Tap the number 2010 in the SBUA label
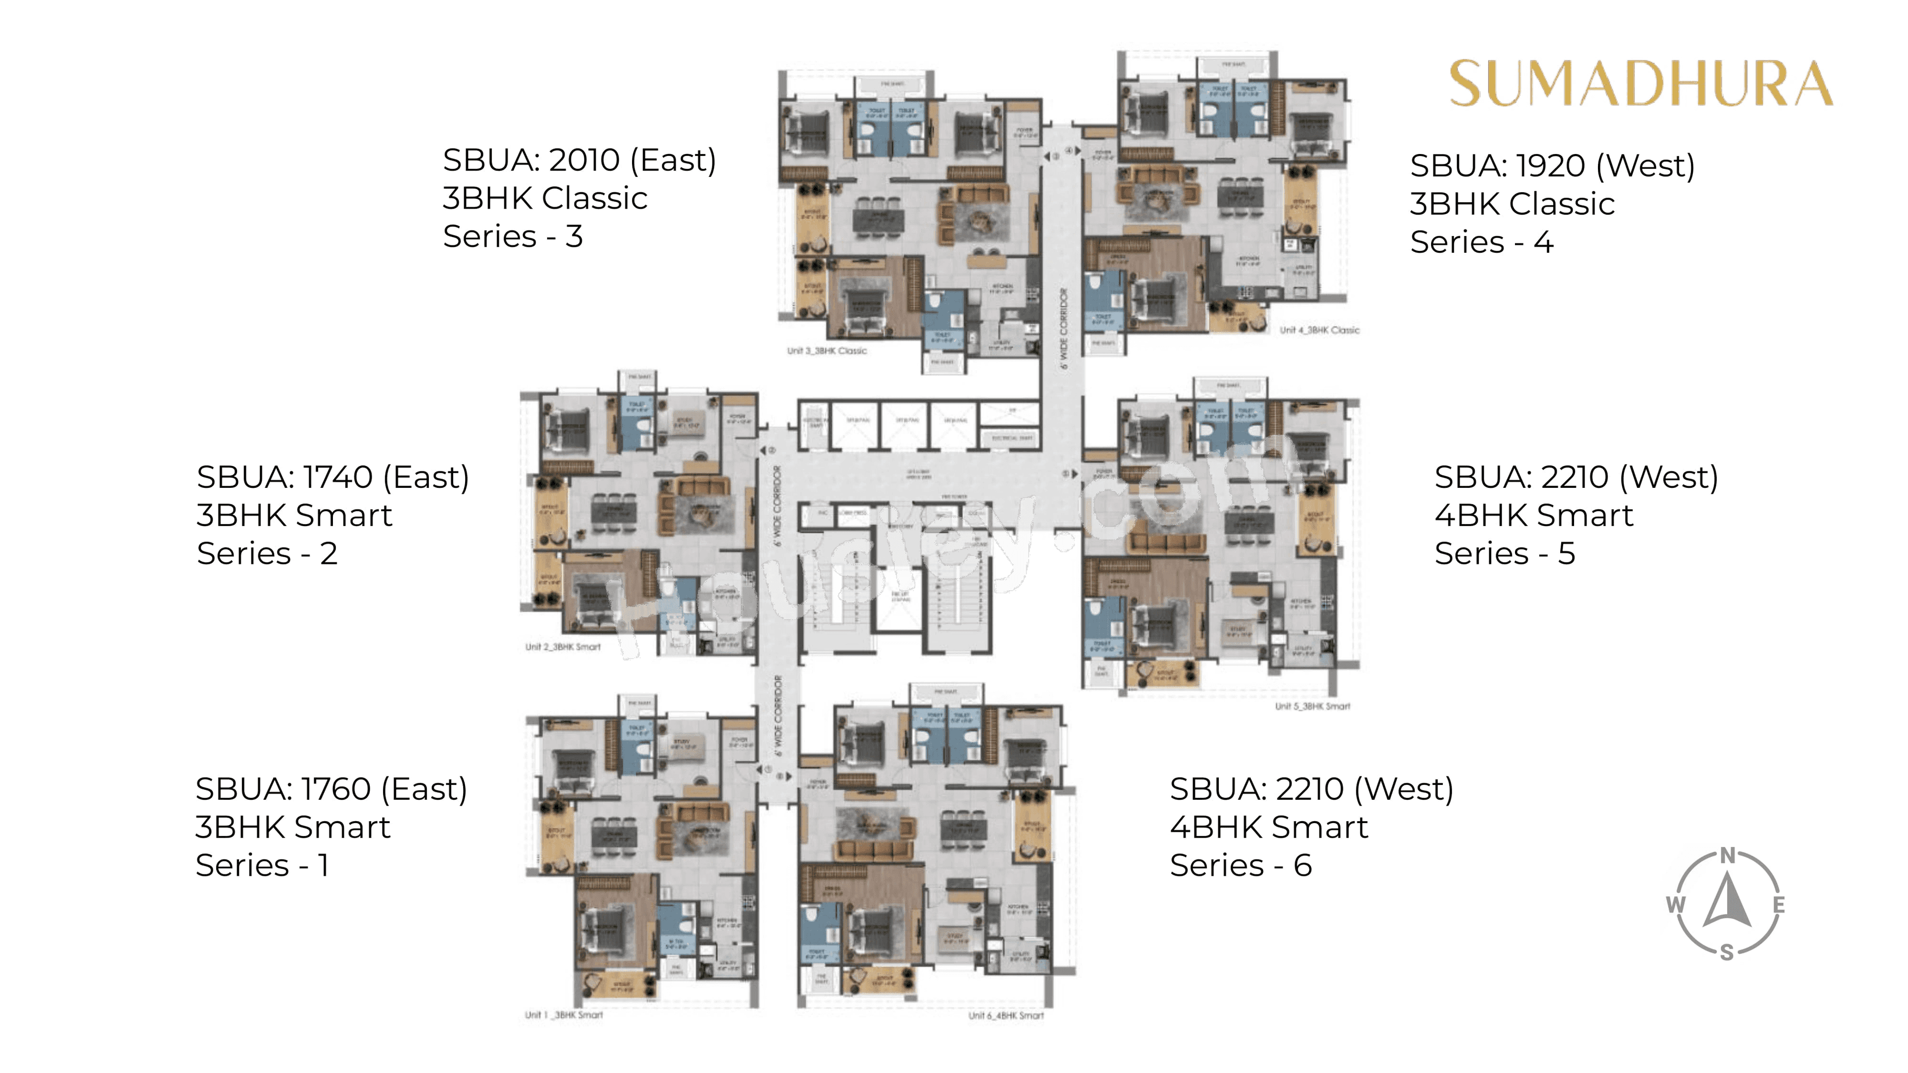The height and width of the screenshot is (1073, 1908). pos(584,160)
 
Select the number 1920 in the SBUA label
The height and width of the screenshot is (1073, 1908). pos(1551,166)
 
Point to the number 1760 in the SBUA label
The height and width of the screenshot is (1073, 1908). pos(336,789)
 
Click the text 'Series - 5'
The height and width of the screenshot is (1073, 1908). pos(1505,553)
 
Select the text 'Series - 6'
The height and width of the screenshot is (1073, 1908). pos(1241,865)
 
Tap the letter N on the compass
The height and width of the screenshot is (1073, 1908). pos(1727,856)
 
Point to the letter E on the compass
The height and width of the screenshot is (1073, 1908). pos(1778,905)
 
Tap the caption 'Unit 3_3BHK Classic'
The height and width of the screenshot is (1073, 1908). pos(827,351)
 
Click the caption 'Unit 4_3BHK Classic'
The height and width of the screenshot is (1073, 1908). pos(1320,330)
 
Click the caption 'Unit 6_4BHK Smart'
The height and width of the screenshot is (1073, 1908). pos(1006,1015)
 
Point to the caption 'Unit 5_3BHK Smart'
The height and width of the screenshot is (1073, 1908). pos(1312,706)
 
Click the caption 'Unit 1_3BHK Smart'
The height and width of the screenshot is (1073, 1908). pos(563,1015)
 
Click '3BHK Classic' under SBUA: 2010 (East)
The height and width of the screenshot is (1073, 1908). pos(545,199)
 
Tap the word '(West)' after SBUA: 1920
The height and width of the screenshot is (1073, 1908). pos(1645,166)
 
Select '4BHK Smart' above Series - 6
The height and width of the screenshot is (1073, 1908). pos(1269,827)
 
